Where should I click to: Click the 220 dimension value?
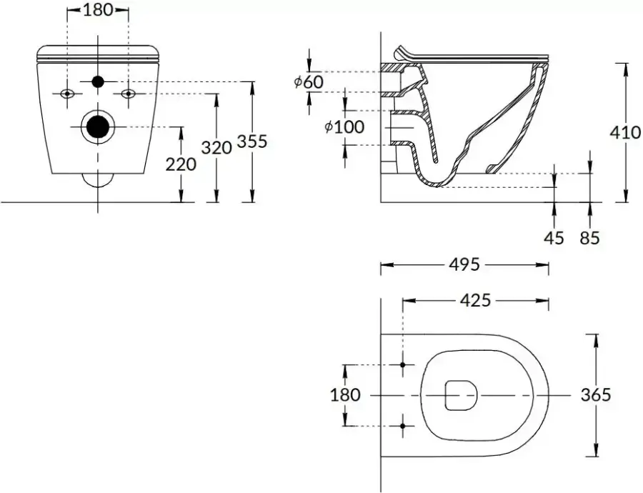[x=181, y=164]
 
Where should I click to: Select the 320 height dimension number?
[x=216, y=148]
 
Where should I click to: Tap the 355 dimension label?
[x=251, y=141]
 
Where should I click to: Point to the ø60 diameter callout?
[x=309, y=82]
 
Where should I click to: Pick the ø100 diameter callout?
[x=344, y=127]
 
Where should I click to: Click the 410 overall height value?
[x=626, y=132]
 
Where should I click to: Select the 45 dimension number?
[x=554, y=237]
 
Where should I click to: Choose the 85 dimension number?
[x=590, y=237]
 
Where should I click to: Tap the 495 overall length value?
[x=464, y=265]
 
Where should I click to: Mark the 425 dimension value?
[x=475, y=300]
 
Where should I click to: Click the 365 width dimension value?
[x=596, y=394]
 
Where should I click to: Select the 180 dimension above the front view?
[x=98, y=11]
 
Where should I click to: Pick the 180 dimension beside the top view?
[x=345, y=394]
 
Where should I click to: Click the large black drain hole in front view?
[x=98, y=127]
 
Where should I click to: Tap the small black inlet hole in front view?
[x=98, y=82]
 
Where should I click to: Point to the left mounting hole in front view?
[x=67, y=94]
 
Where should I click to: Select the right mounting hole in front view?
[x=129, y=94]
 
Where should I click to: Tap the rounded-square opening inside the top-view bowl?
[x=460, y=394]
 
